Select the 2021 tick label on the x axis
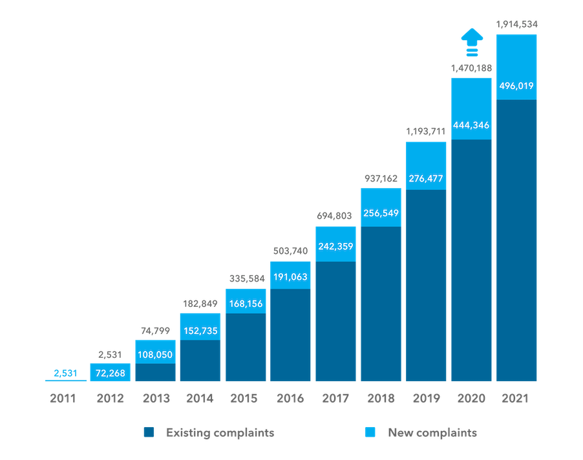coord(516,399)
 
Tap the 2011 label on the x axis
coord(63,399)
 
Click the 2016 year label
coord(290,399)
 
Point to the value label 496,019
coord(516,85)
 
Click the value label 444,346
coord(471,125)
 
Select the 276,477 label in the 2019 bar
coord(426,178)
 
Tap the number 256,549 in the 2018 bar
coord(381,214)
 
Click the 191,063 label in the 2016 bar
coord(290,277)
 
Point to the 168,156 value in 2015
coord(245,302)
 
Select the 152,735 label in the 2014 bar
coord(200,331)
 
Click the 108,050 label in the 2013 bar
coord(155,354)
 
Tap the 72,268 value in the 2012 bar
coord(110,373)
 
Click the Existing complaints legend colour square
coord(149,433)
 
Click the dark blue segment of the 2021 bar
coord(516,239)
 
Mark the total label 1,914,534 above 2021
coord(516,25)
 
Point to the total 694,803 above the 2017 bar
coord(335,216)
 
